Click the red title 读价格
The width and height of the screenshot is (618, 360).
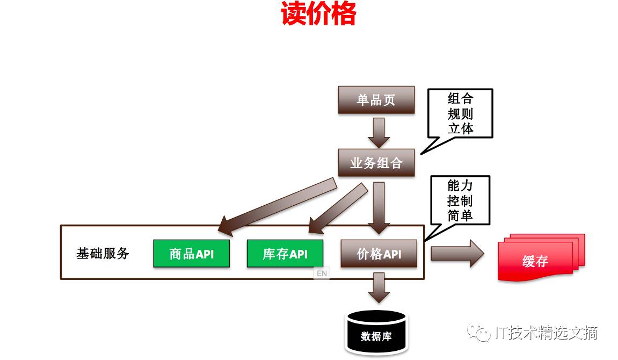pyautogui.click(x=318, y=15)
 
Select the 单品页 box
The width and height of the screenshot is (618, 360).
pyautogui.click(x=376, y=100)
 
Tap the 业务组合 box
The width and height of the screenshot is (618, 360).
pyautogui.click(x=376, y=163)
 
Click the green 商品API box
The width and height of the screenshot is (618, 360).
pyautogui.click(x=191, y=254)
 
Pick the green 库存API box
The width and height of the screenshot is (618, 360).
pyautogui.click(x=285, y=254)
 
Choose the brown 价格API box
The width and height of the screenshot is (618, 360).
pyautogui.click(x=379, y=254)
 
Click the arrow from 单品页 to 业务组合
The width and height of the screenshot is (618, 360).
pyautogui.click(x=379, y=132)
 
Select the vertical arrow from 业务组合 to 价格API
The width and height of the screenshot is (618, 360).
pyautogui.click(x=379, y=207)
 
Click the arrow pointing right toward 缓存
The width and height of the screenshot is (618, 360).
pyautogui.click(x=457, y=254)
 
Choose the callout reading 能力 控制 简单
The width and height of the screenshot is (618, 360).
pyautogui.click(x=460, y=201)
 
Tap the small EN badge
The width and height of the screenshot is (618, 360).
pyautogui.click(x=321, y=273)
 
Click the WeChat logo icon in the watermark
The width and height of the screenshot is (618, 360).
pyautogui.click(x=478, y=333)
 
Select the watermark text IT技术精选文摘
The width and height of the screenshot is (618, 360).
pyautogui.click(x=546, y=333)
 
